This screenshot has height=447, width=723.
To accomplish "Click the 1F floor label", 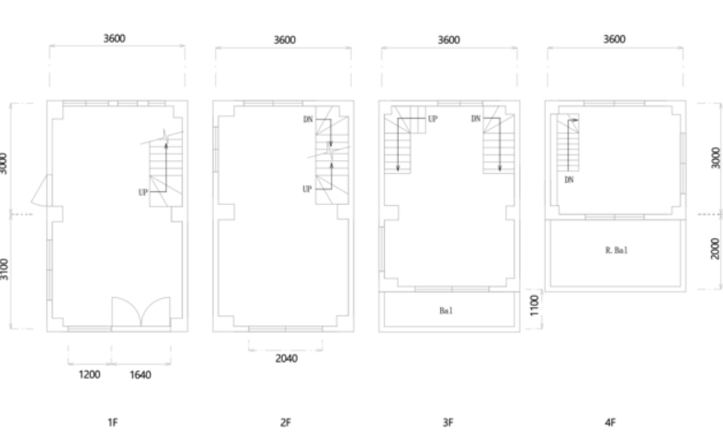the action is tap(113, 422).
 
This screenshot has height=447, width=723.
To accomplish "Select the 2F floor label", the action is tap(286, 422).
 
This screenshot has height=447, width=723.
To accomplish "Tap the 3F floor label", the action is tap(447, 422).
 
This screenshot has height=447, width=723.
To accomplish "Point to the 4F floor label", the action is tap(610, 422).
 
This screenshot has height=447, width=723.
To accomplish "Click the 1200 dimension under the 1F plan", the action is tap(89, 374).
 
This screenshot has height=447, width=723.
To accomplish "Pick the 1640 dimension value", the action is tap(141, 374).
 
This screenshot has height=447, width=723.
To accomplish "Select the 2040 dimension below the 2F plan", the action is tap(287, 359).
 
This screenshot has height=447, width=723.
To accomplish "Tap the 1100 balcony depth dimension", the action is tap(535, 305).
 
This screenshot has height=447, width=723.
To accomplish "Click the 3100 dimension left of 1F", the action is tap(4, 269).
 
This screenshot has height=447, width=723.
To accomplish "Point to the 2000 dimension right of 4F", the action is tap(715, 248).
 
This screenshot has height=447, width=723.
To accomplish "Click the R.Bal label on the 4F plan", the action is tap(616, 250).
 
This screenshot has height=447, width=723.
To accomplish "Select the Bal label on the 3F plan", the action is tap(446, 311).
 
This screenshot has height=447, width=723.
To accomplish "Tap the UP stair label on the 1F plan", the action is tap(143, 192).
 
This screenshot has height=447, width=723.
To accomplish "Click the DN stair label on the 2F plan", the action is tap(308, 120).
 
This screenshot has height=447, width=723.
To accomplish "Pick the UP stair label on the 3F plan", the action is tap(433, 119).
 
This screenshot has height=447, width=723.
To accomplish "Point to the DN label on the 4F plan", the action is tap(569, 179).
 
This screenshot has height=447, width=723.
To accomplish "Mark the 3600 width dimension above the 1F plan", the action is tap(114, 39).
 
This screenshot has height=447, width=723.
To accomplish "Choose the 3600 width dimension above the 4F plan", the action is tap(615, 40).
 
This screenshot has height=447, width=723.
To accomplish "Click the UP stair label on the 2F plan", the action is tap(307, 189).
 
